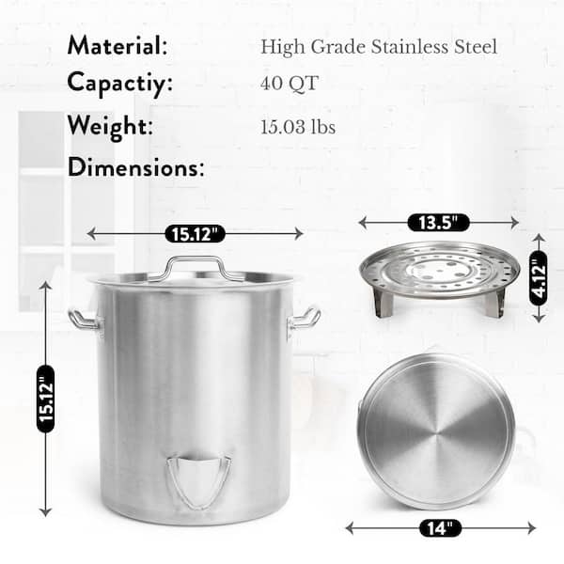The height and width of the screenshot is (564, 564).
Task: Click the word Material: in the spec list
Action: point(117,45)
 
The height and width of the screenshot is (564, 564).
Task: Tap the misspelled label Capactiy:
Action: point(119,84)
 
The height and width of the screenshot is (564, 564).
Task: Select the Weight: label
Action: point(110,127)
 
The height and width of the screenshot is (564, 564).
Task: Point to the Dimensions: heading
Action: point(135,167)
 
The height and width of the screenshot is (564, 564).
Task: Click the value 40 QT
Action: point(290,84)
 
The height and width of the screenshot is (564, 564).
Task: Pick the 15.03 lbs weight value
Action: point(298,127)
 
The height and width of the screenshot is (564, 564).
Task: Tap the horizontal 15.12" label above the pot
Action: point(195,234)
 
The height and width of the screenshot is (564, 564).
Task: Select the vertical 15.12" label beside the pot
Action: point(46,399)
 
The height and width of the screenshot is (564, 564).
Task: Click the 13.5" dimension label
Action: point(438,223)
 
